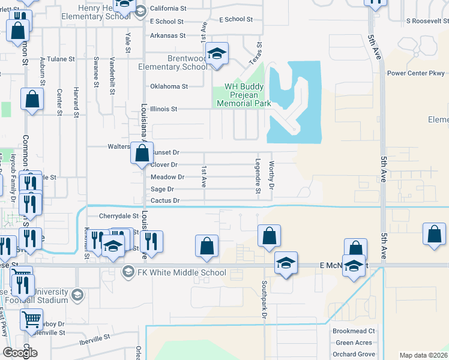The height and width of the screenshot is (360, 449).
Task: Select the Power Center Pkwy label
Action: (415, 73)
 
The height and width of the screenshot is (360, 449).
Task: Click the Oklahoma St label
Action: (169, 86)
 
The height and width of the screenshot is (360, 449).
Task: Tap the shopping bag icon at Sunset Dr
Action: (142, 154)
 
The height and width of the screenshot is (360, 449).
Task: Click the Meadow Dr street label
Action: (167, 177)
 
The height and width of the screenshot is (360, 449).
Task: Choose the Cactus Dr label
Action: (165, 200)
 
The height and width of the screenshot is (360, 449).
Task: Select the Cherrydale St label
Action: (118, 215)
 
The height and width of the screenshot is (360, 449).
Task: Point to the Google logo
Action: (20, 352)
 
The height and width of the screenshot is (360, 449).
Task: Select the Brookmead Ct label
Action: (355, 331)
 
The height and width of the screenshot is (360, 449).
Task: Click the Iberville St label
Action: (96, 343)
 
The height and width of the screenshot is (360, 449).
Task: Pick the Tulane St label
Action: (60, 59)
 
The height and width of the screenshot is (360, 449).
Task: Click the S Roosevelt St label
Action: (426, 20)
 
